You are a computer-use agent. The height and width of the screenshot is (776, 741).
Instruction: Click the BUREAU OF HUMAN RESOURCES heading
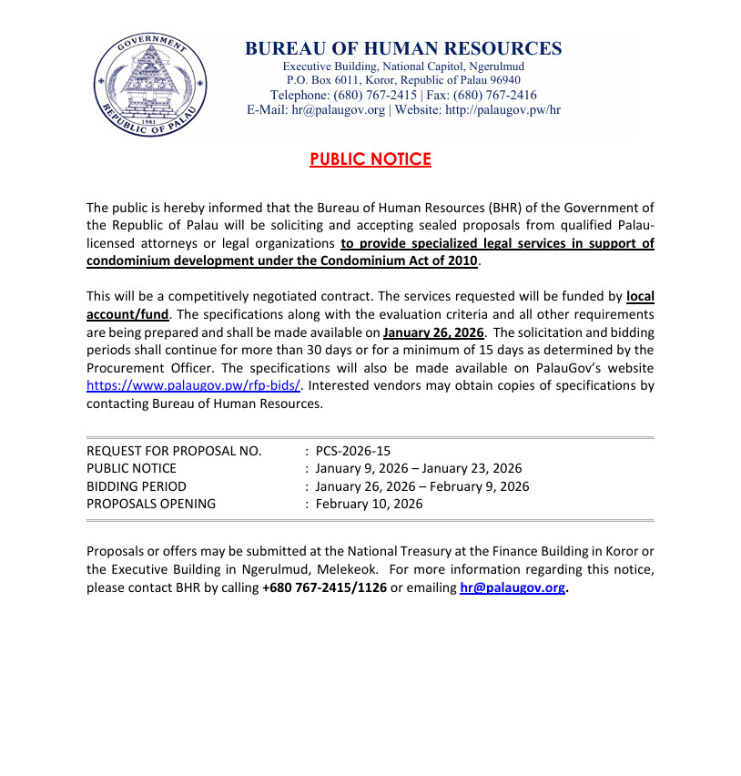[403, 49]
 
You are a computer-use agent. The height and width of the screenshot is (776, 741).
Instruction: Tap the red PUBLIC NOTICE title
[370, 159]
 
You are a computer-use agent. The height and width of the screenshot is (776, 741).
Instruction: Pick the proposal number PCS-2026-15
[353, 451]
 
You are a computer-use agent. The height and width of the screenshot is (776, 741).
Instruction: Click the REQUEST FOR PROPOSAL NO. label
[174, 451]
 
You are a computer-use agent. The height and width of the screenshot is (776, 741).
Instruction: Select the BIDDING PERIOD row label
[136, 486]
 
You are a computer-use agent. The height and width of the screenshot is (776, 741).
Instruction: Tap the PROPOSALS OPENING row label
[151, 504]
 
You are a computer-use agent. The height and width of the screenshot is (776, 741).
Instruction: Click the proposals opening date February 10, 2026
[369, 504]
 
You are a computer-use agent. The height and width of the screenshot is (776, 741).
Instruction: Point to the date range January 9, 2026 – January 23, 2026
[419, 468]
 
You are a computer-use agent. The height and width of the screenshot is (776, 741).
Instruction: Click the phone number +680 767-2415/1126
[324, 587]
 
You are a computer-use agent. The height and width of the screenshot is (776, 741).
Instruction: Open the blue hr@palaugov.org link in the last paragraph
[513, 587]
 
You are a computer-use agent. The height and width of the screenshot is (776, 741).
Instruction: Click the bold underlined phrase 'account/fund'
[127, 314]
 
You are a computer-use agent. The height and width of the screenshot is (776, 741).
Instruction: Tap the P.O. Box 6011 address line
[403, 80]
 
